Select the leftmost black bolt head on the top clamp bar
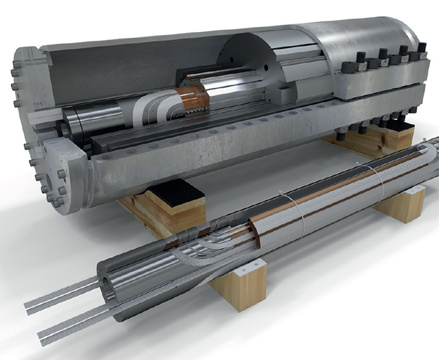pyautogui.click(x=360, y=60)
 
